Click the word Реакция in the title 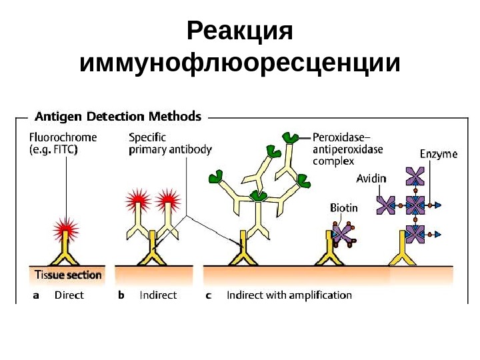tap(240, 31)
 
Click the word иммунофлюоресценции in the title tap(240, 64)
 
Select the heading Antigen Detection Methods tap(117, 117)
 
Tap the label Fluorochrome tap(63, 137)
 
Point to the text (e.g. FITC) tap(53, 150)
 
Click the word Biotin tap(344, 207)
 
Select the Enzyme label tap(439, 154)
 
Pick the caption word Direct tap(69, 295)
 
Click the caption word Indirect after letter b tap(158, 295)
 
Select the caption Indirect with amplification tap(289, 295)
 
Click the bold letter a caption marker tap(36, 295)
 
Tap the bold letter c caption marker tap(208, 295)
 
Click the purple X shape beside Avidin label tap(385, 205)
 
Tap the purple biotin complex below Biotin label tap(344, 234)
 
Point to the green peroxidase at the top tap(291, 138)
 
